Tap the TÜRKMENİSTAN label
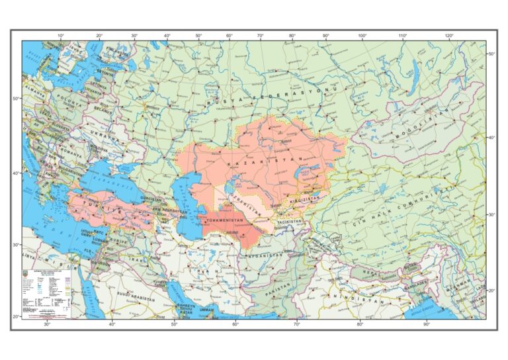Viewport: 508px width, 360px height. (x=228, y=220)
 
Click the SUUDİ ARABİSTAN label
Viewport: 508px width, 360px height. (x=136, y=299)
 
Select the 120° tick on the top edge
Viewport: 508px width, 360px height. (x=449, y=35)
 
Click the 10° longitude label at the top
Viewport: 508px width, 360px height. (x=61, y=35)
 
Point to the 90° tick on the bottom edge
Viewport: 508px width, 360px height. (x=427, y=324)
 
